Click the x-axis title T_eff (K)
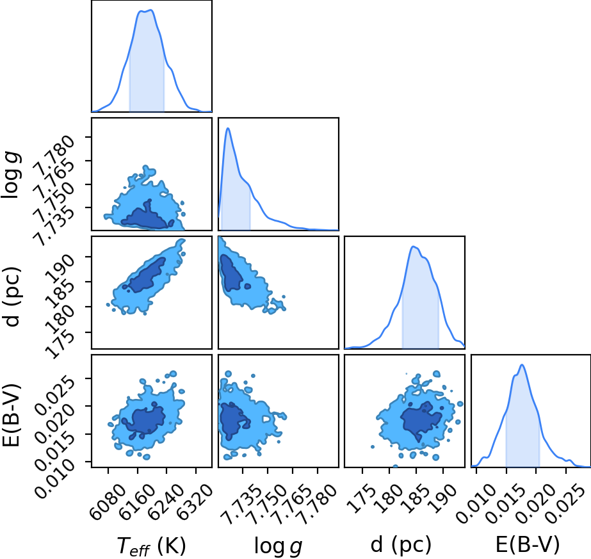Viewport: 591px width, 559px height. pos(151,546)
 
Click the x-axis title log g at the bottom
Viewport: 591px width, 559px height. pos(278,546)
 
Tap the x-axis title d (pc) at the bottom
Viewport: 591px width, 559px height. pos(401,545)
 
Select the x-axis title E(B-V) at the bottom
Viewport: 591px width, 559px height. pos(528,545)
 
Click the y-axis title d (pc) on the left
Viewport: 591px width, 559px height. pos(12,296)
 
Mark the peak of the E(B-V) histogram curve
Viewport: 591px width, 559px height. pos(522,364)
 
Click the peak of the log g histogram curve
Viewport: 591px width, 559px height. pos(228,128)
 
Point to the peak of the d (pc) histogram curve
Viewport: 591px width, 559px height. pos(414,247)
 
